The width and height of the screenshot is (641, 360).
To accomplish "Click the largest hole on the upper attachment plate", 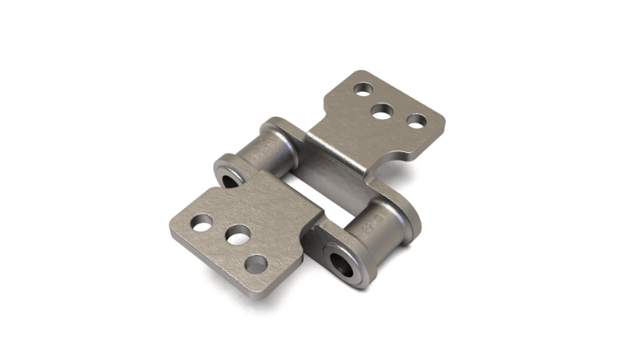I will click(382, 110).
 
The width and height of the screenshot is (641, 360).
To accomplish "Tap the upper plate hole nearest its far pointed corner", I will click(362, 87).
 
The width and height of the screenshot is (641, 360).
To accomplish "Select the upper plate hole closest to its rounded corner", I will click(417, 121).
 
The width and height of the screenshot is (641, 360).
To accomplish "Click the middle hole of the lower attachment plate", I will click(238, 237).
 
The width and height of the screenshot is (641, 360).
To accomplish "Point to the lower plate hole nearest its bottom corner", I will click(256, 264).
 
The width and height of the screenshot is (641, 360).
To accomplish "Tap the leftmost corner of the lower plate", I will click(173, 230).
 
